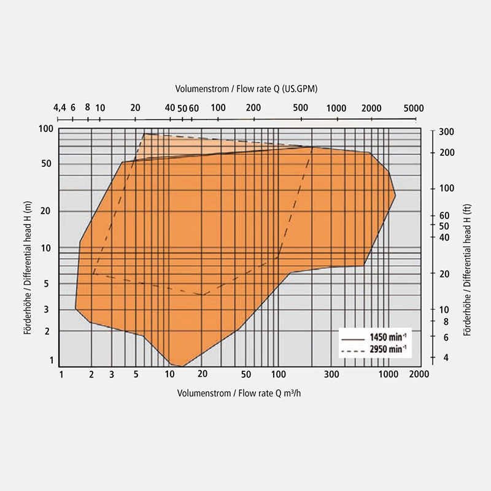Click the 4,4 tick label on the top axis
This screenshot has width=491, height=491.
click(x=60, y=107)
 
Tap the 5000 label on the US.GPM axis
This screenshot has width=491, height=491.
click(x=414, y=107)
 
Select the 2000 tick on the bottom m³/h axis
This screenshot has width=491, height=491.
click(x=419, y=374)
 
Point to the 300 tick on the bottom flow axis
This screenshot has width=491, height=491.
click(x=331, y=374)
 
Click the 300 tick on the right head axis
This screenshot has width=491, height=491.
click(x=446, y=132)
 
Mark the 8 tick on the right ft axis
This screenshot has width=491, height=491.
click(x=446, y=322)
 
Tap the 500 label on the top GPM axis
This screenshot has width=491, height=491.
click(x=301, y=107)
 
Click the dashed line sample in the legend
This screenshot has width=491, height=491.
click(x=352, y=350)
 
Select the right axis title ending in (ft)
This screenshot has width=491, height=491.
click(x=468, y=246)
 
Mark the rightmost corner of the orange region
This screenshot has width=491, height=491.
click(x=395, y=195)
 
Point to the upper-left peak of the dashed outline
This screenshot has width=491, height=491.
click(x=144, y=134)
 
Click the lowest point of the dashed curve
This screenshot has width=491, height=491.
click(x=202, y=295)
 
